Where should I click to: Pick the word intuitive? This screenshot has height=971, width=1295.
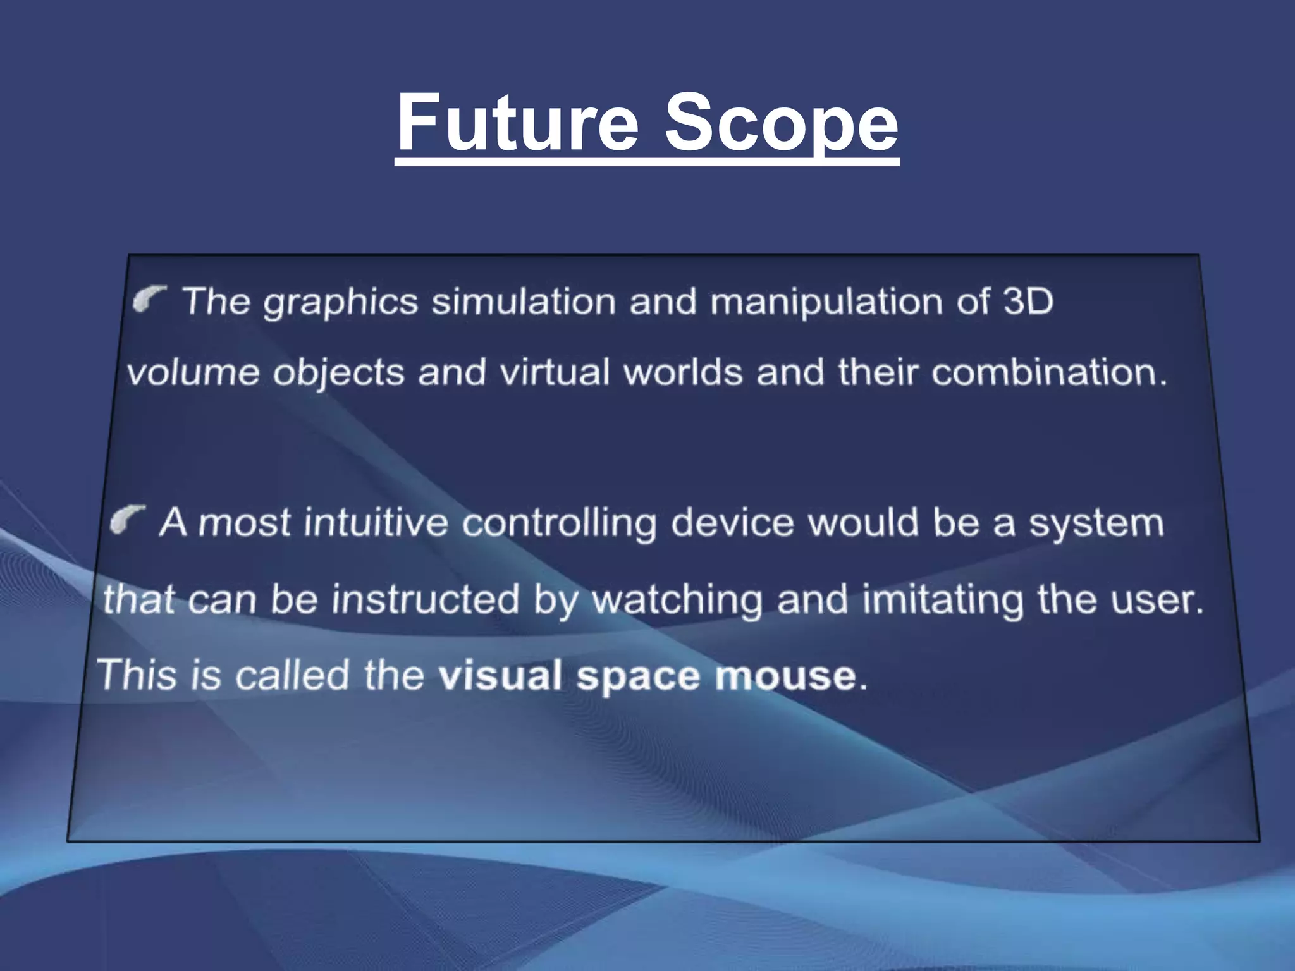coord(376,523)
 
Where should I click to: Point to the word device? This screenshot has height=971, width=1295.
coord(732,523)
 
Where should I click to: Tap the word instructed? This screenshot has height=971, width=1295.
coord(425,599)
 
